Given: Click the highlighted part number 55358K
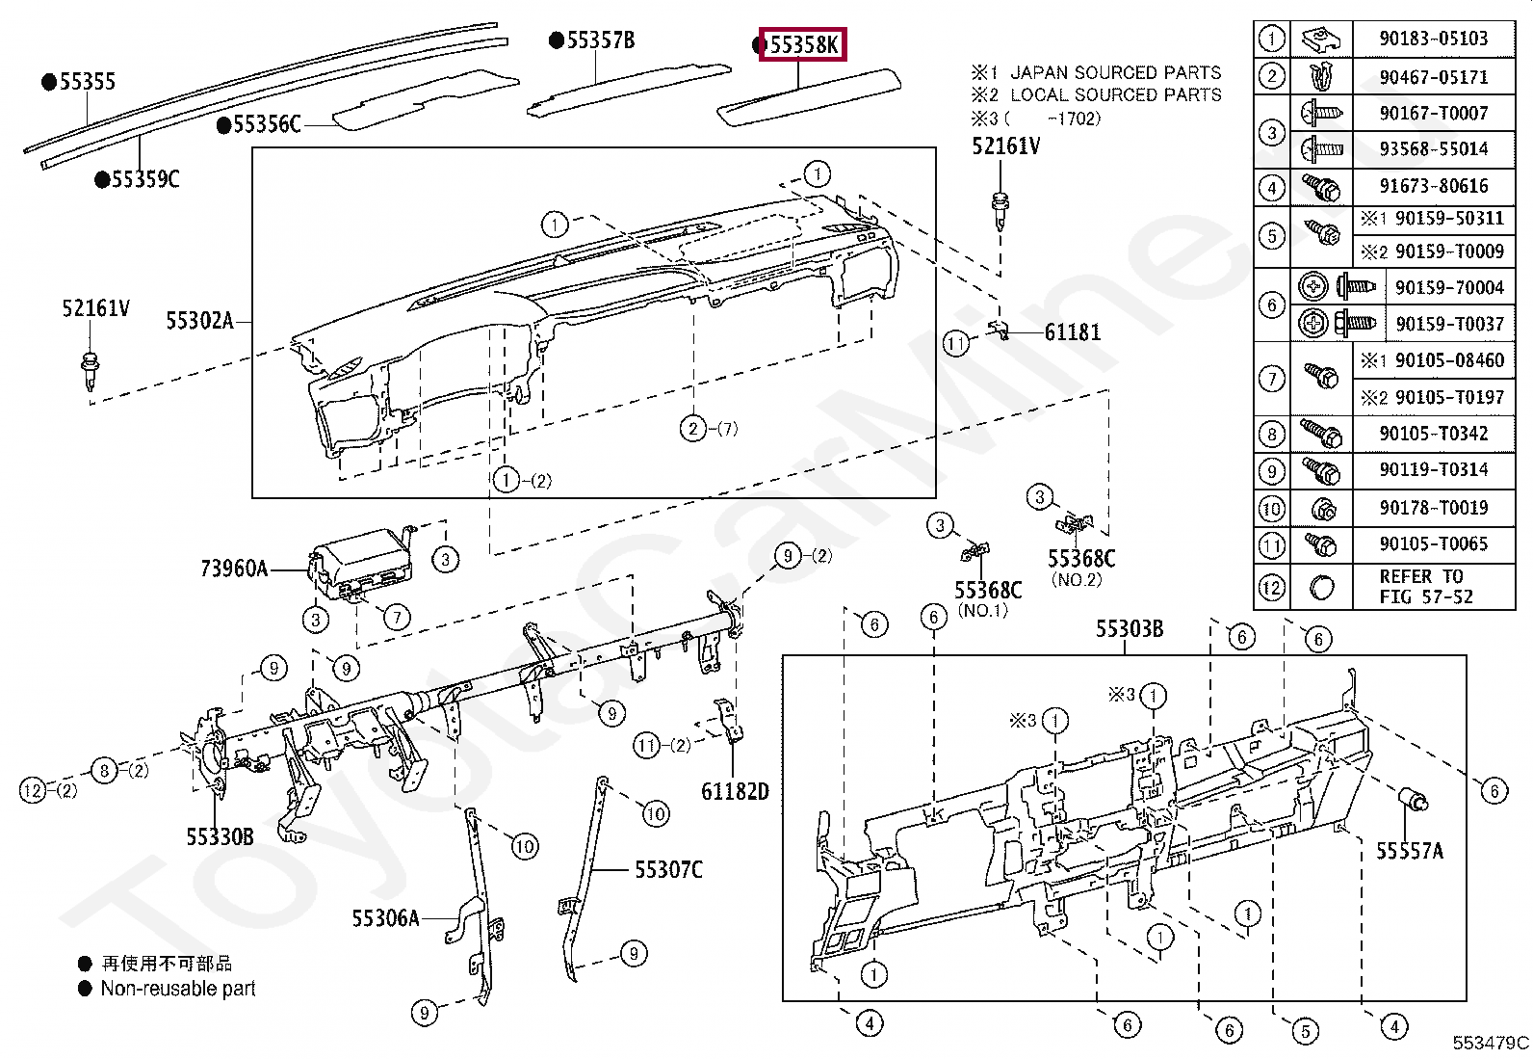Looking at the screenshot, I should click(x=802, y=44).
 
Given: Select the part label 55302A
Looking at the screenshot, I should click(x=199, y=321).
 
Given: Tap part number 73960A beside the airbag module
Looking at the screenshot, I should click(x=234, y=569).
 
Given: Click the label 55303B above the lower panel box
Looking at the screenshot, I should click(x=1129, y=629).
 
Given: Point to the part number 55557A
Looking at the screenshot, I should click(x=1409, y=851).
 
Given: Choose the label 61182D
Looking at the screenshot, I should click(x=735, y=791).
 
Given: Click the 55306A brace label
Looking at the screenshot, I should click(x=385, y=918).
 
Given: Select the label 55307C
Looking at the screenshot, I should click(x=668, y=870).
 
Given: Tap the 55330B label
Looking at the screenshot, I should click(x=220, y=836).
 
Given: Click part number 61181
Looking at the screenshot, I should click(x=1072, y=332).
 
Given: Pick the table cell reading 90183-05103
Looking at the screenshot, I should click(x=1433, y=39).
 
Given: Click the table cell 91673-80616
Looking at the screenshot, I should click(x=1433, y=186).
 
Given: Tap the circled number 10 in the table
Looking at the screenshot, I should click(x=1272, y=508).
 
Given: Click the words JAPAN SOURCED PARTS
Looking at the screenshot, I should click(x=1115, y=72).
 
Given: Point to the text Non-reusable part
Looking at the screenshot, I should click(x=178, y=988).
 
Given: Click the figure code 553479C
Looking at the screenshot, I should click(x=1490, y=1042).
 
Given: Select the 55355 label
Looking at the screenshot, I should click(x=87, y=82).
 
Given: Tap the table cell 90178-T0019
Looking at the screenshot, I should click(x=1433, y=508).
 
